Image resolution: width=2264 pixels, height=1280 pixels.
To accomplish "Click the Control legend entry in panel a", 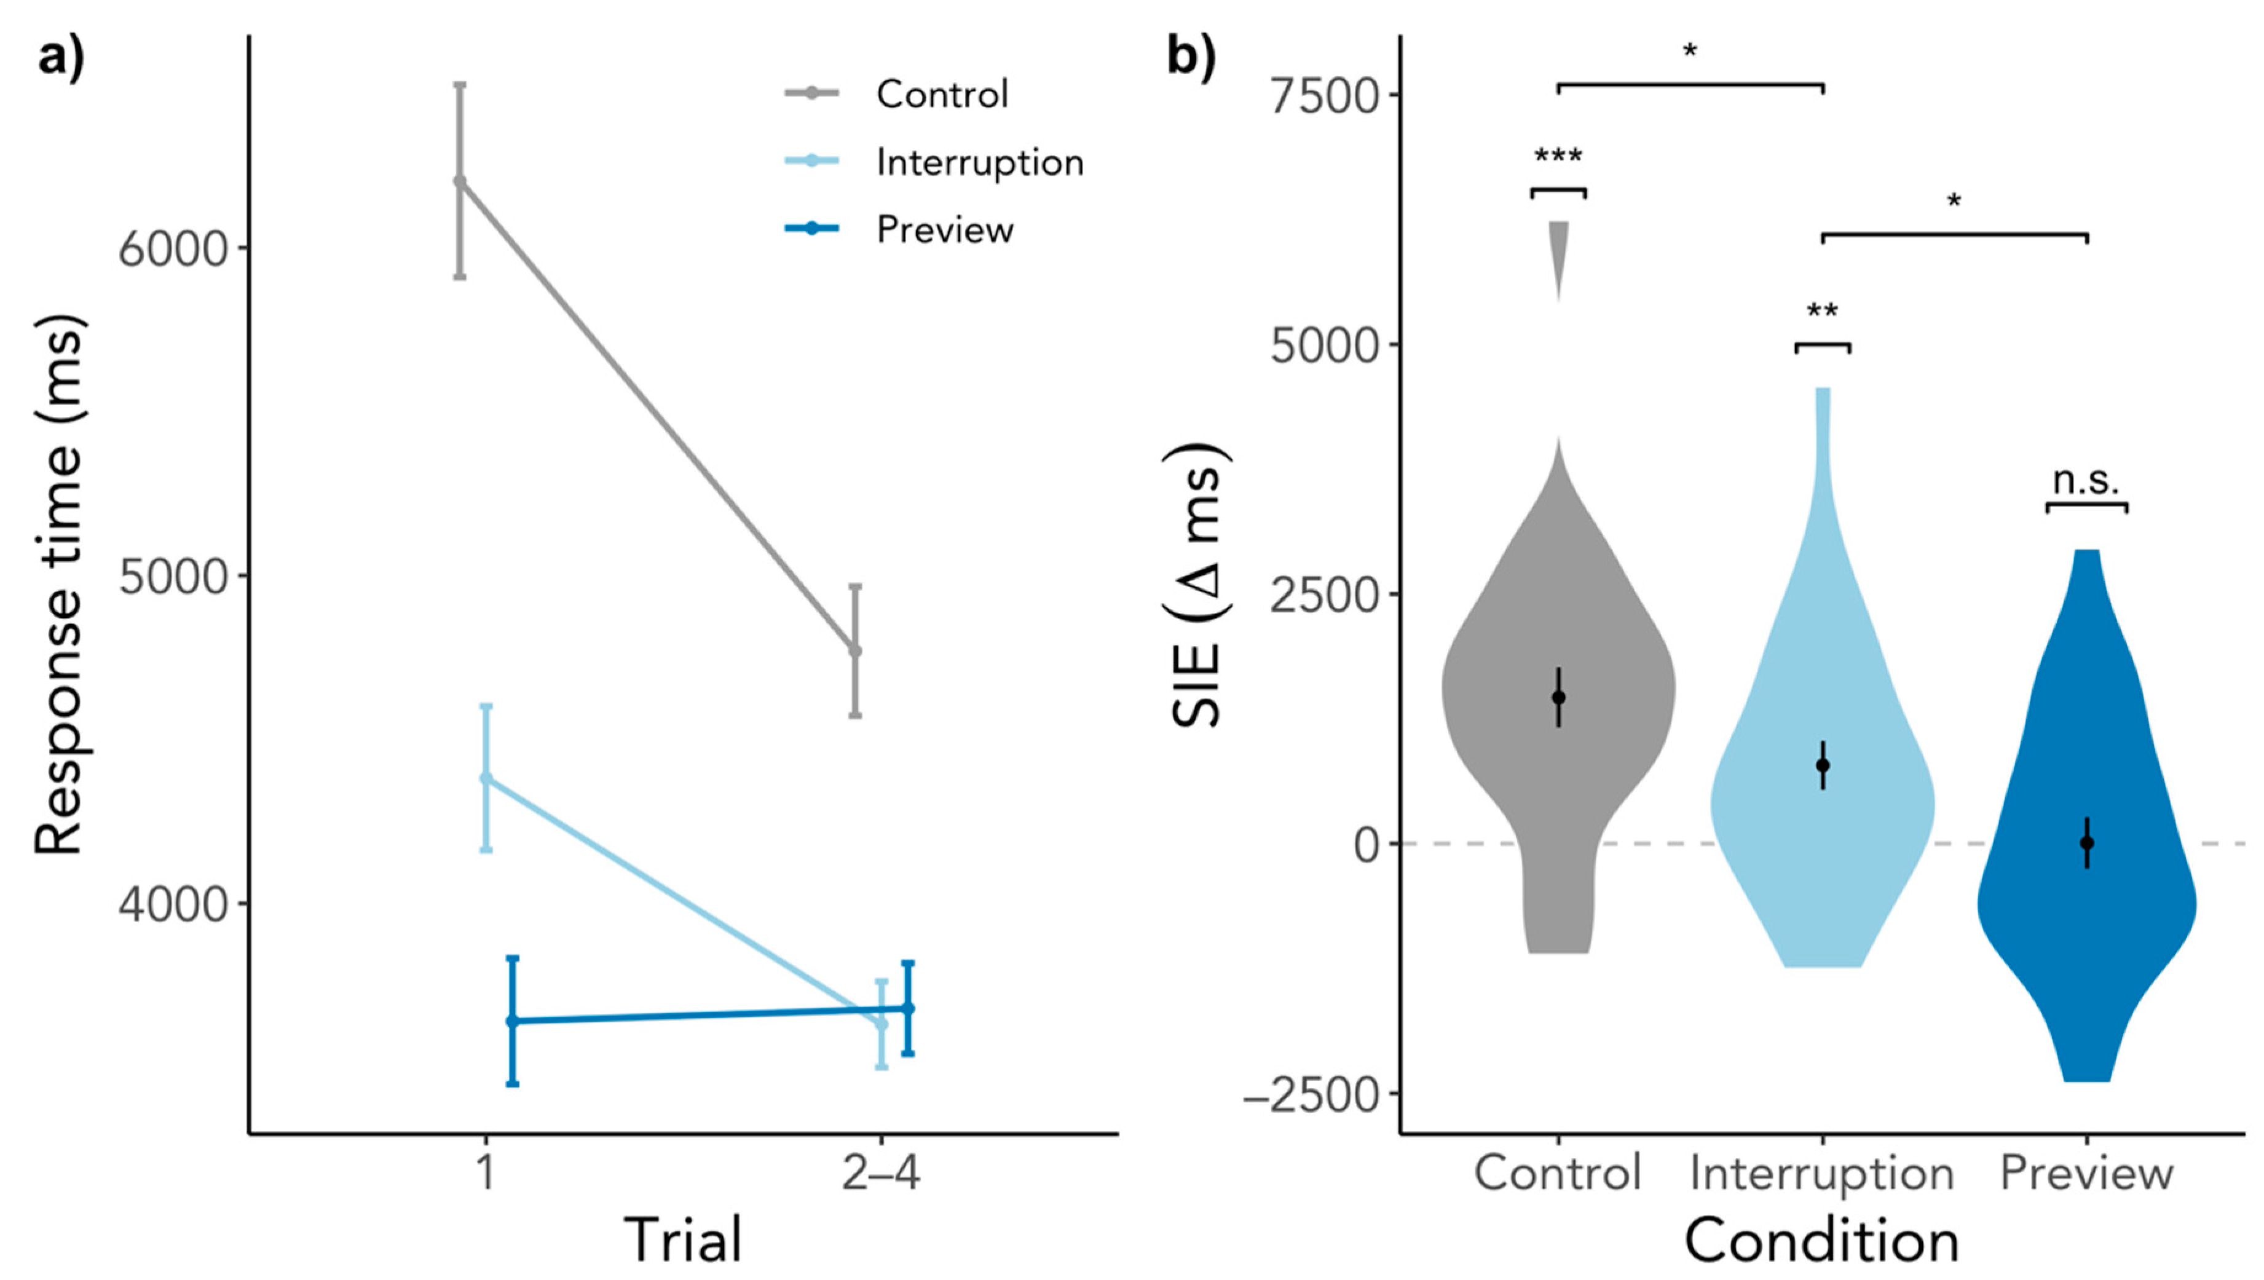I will click(x=941, y=94).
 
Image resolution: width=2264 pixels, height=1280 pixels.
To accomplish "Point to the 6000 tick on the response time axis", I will click(x=172, y=249).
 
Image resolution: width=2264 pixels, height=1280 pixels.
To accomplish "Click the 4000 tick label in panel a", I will click(x=172, y=904).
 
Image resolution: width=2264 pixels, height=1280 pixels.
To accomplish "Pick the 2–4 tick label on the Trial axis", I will click(x=881, y=1173).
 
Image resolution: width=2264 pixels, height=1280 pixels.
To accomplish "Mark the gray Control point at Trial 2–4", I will click(x=854, y=650).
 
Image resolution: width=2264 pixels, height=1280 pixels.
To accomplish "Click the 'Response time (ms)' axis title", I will click(x=60, y=585).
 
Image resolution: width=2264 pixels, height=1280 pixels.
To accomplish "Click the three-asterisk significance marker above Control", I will click(x=1558, y=158).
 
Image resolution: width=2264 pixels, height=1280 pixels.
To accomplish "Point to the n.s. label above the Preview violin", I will click(x=2086, y=481).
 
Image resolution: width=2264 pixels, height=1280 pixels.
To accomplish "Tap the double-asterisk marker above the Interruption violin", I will click(x=1822, y=312).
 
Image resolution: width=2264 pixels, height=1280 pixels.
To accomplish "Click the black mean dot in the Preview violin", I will click(x=2086, y=843).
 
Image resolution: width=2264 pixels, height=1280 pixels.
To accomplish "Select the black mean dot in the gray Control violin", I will click(x=1558, y=697).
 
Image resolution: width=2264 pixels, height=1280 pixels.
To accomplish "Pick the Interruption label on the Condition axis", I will click(x=1822, y=1173).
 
